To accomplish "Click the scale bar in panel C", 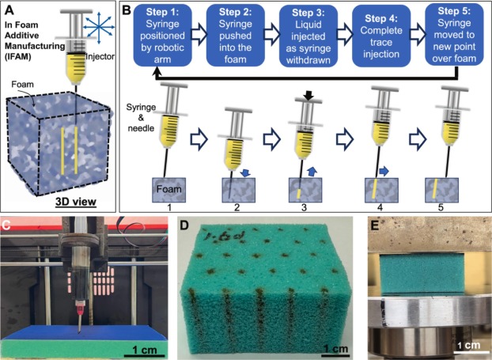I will (x=136, y=352).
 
